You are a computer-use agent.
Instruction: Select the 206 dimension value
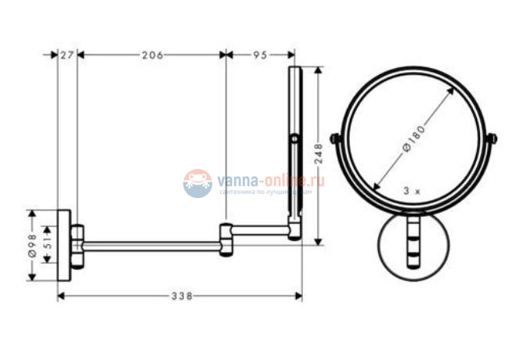[152, 55]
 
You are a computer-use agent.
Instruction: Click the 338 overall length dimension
[181, 295]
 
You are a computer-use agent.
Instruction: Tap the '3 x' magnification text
[411, 190]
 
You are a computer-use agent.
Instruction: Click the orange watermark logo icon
[198, 182]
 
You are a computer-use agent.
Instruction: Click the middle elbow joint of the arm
[226, 239]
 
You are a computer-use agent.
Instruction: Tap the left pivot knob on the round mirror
[336, 139]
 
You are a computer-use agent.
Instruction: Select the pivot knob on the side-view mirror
[294, 139]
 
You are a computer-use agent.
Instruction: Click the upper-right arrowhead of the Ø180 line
[453, 90]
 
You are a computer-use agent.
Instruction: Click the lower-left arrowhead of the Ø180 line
[377, 188]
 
